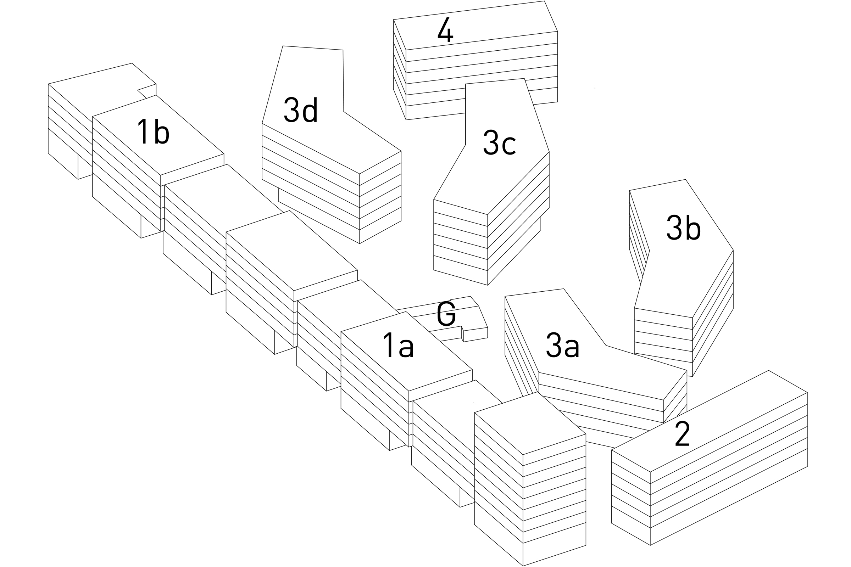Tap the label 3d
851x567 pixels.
tap(301, 110)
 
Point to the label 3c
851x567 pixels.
tap(499, 143)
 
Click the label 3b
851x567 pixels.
tap(684, 228)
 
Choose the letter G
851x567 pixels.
tap(446, 314)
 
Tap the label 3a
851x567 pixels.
tap(563, 346)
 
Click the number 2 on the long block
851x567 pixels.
tap(682, 433)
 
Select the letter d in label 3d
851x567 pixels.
tap(310, 110)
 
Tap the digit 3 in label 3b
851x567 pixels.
tap(674, 228)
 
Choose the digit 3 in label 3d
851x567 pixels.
tap(291, 110)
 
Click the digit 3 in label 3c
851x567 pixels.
tap(491, 143)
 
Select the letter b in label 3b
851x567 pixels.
tap(693, 228)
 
